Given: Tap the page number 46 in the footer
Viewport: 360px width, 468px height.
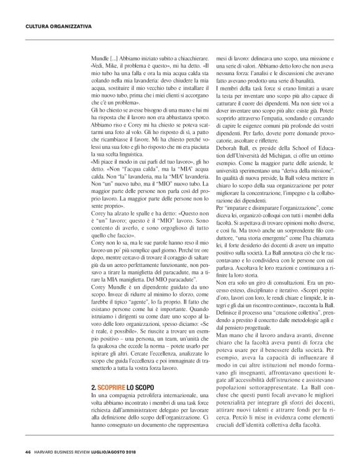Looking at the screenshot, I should [x=28, y=451].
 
